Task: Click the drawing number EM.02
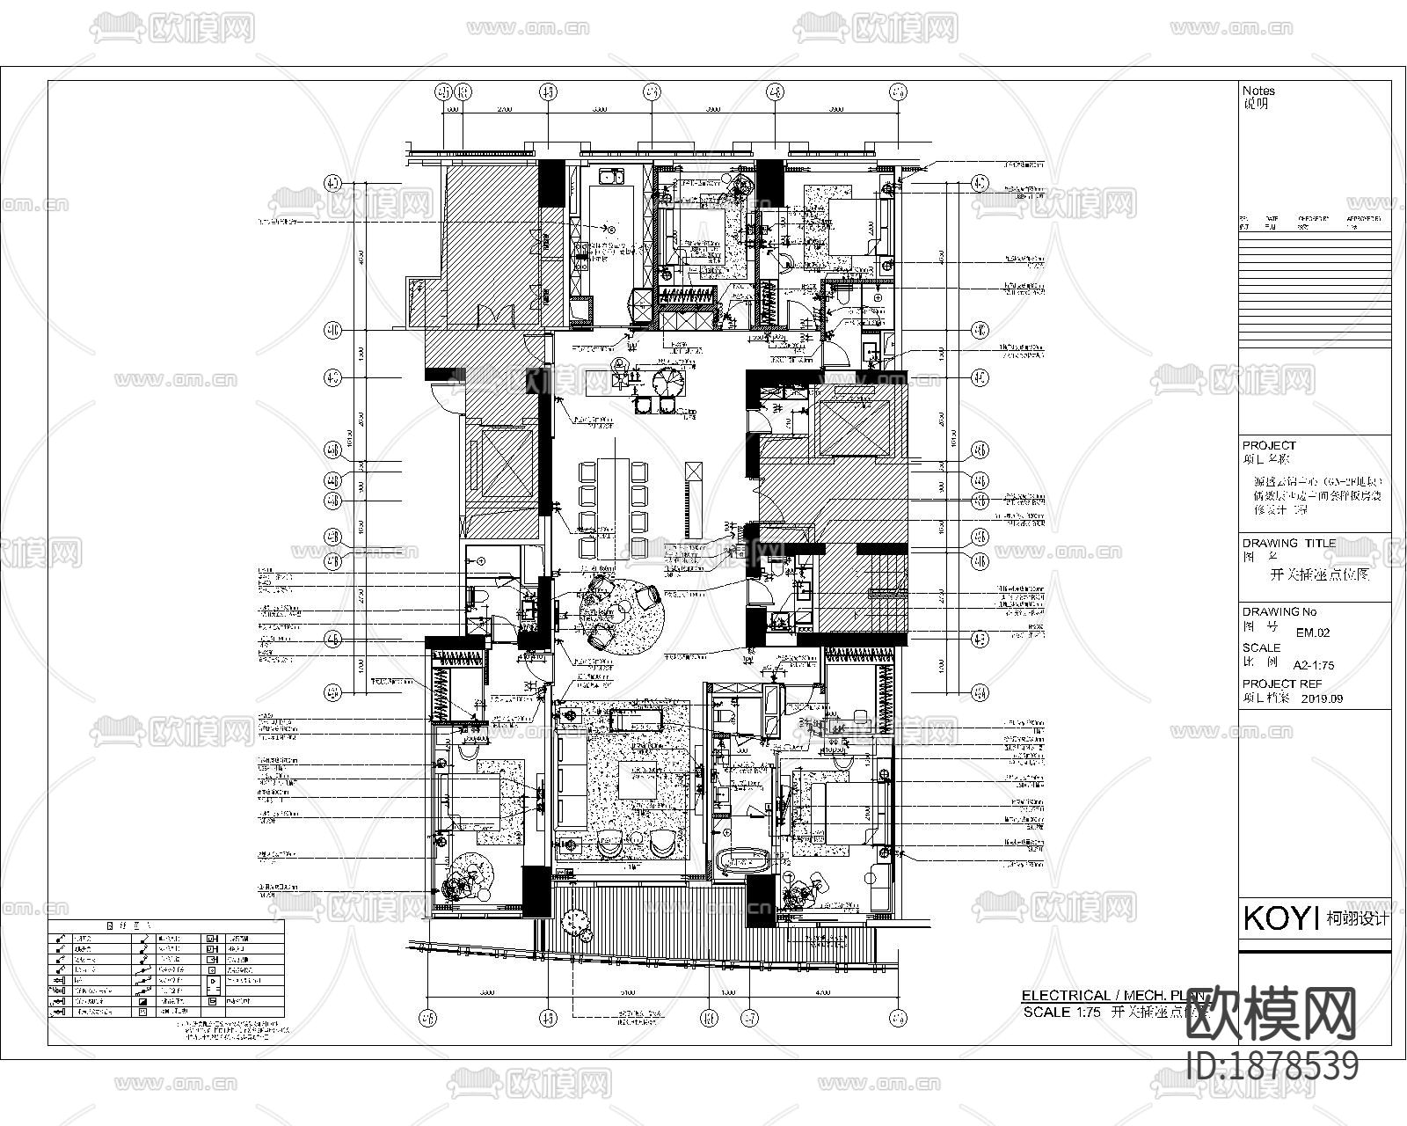pyautogui.click(x=1313, y=632)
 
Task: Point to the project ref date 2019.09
pyautogui.click(x=1321, y=699)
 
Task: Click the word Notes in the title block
pyautogui.click(x=1258, y=91)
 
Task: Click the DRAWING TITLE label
pyautogui.click(x=1288, y=543)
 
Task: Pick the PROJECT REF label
pyautogui.click(x=1281, y=684)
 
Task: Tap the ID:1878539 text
pyautogui.click(x=1272, y=1066)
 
